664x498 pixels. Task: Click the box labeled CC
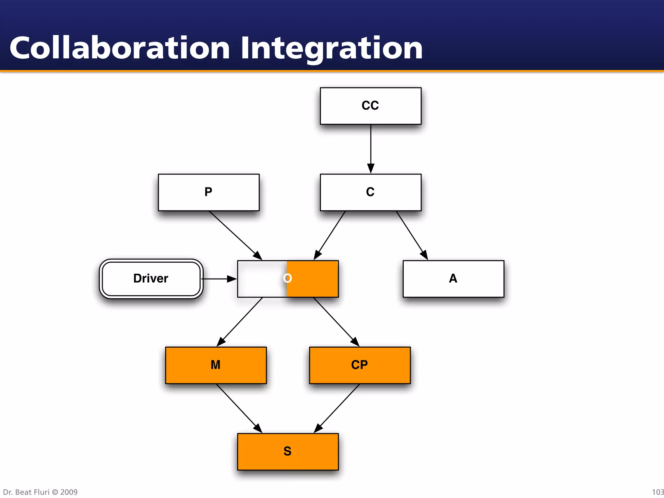[371, 106]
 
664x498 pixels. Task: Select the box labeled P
[208, 193]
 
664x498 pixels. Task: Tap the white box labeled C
[371, 193]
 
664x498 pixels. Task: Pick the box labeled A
[453, 279]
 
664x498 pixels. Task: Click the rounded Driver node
[151, 279]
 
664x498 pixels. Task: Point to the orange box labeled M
[216, 365]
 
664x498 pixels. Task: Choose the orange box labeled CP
[360, 365]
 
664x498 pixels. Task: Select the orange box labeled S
[288, 452]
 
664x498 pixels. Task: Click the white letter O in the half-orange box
[288, 278]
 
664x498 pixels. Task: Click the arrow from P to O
[235, 235]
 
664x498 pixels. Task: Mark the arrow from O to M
[240, 322]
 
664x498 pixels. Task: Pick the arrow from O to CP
[336, 322]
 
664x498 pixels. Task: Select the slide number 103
[658, 492]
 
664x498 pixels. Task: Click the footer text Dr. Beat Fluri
[26, 492]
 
